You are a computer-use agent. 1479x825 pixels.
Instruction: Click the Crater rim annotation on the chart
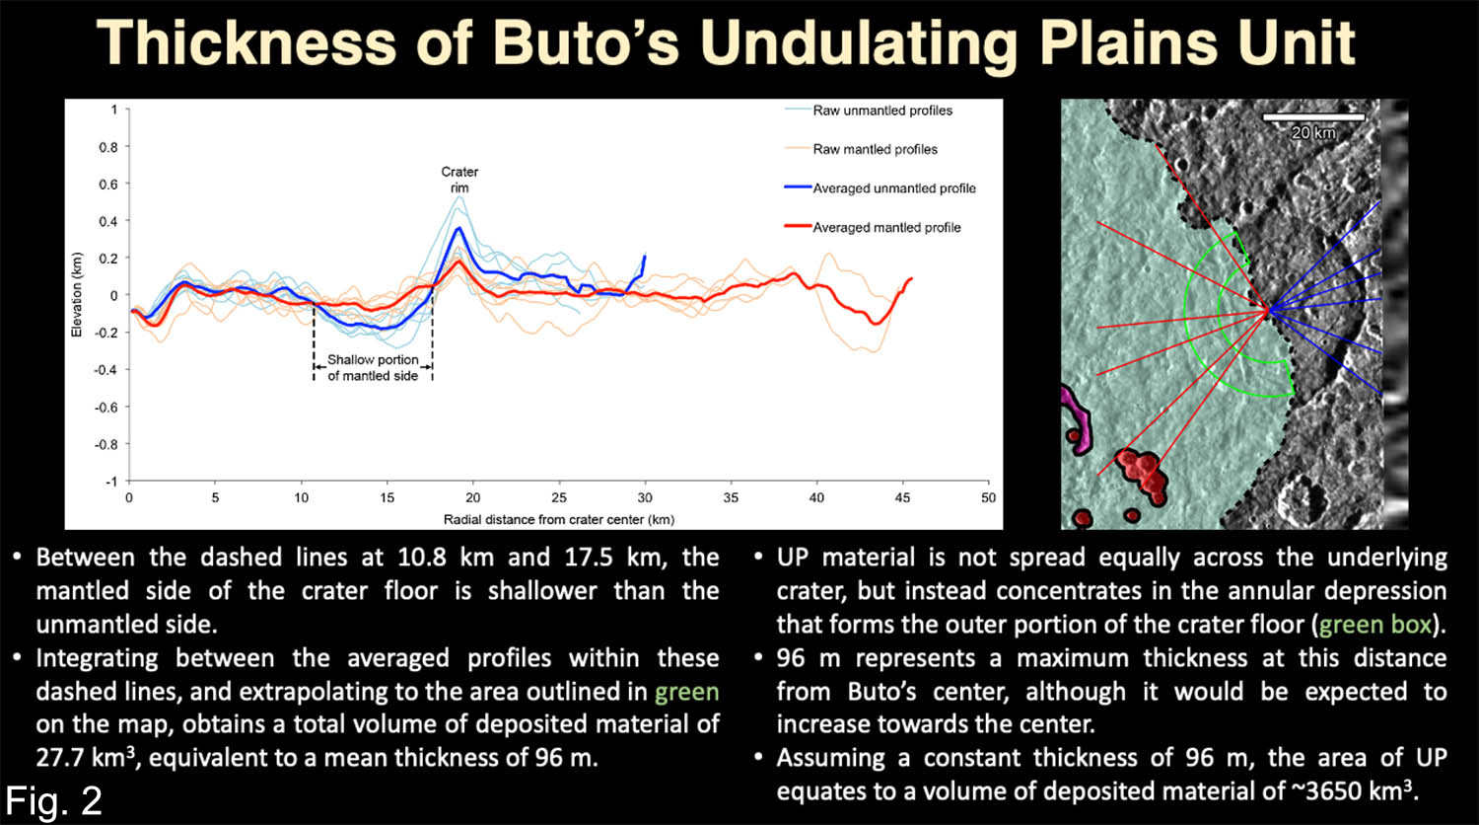[459, 180]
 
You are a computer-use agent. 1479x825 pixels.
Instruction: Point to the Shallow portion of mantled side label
[373, 367]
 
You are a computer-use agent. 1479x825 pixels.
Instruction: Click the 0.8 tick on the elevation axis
[108, 147]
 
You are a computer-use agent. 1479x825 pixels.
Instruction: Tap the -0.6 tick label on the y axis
[106, 408]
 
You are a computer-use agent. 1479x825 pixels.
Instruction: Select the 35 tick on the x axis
[731, 497]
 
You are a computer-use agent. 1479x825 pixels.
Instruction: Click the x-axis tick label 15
[387, 497]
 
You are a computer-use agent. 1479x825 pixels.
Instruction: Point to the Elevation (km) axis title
[77, 295]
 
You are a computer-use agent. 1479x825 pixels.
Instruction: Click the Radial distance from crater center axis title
[559, 520]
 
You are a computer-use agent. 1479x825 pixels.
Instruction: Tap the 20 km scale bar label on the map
[1313, 133]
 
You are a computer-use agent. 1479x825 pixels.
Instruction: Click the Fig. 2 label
[54, 800]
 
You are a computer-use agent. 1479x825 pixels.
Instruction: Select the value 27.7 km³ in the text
[86, 758]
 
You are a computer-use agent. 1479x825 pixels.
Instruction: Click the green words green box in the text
[1375, 625]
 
